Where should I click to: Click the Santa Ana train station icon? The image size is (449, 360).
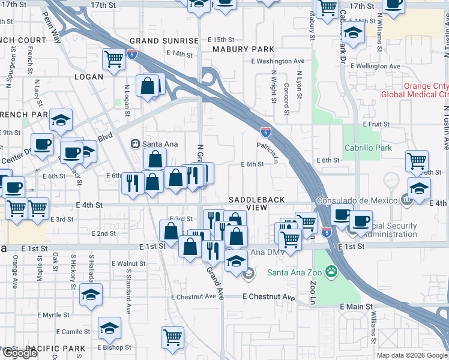136,144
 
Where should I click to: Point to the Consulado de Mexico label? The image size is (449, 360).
366,200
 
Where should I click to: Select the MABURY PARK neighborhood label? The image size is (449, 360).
239,50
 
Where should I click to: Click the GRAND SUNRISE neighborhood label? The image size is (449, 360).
164,41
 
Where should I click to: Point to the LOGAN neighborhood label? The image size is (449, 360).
89,77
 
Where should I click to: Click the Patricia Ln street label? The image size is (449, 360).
268,153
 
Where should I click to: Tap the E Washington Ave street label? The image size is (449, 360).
278,61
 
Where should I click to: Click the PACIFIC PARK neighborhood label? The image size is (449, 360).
55,349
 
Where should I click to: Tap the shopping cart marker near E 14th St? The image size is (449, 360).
113,58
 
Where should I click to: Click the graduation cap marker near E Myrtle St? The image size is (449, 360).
91,294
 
